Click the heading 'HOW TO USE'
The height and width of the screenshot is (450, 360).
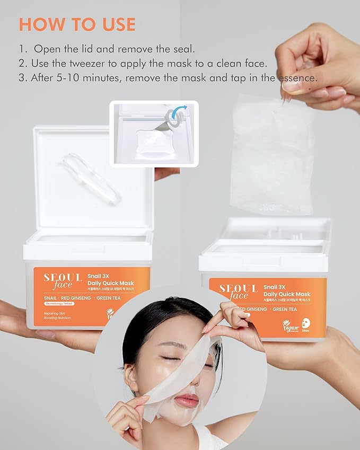[77, 24]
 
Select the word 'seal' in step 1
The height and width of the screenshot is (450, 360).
[182, 49]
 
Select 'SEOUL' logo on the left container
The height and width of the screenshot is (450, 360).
[63, 278]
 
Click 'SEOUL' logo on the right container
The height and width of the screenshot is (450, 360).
[238, 288]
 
